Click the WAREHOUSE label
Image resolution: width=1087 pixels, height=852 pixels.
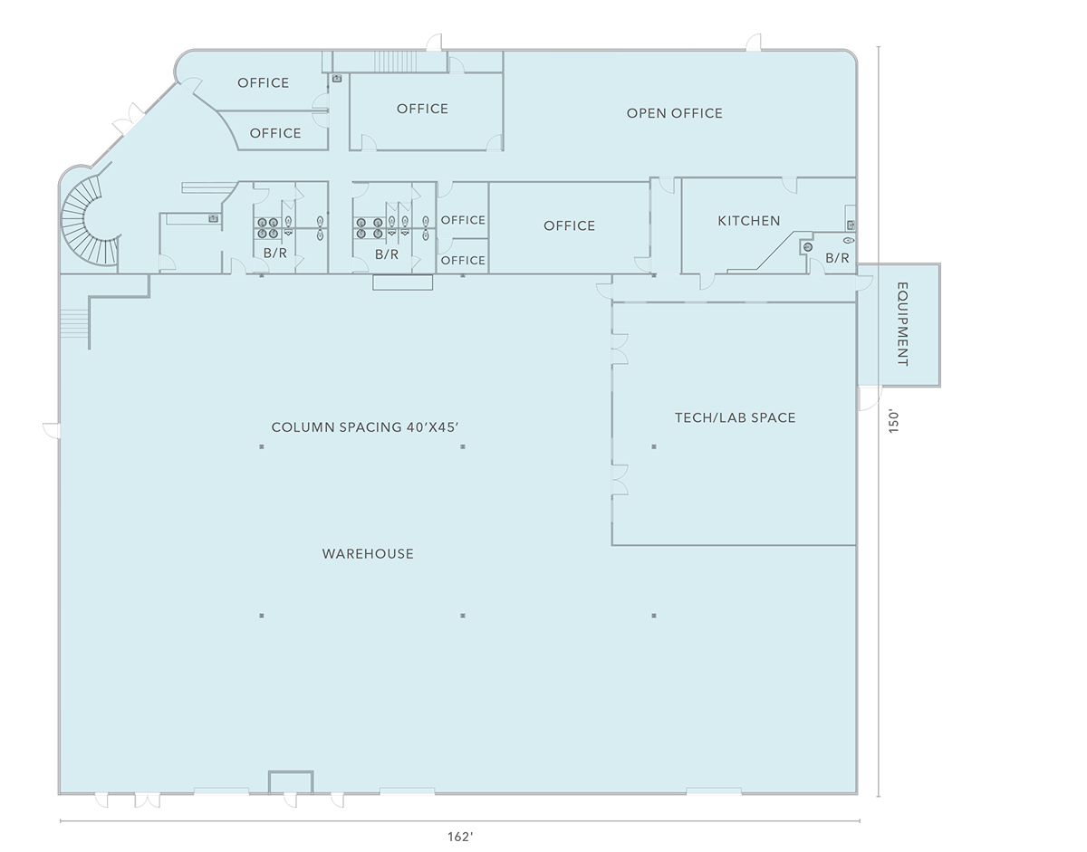[x=368, y=553]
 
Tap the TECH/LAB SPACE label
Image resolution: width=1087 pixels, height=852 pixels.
[x=735, y=417]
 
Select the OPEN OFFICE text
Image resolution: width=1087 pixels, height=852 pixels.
[x=674, y=113]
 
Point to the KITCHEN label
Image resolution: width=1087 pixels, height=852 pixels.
[x=749, y=221]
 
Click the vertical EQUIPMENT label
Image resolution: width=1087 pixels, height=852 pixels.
[x=903, y=324]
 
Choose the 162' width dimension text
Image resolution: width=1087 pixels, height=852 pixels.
[x=460, y=837]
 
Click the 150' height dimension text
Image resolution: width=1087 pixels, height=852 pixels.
[x=893, y=423]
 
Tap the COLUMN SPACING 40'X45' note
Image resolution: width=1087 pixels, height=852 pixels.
[x=365, y=427]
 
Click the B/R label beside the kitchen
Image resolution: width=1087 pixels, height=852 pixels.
[x=837, y=257]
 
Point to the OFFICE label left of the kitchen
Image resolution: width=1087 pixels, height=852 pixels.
[x=569, y=225]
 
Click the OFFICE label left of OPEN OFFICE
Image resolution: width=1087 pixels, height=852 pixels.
[x=422, y=109]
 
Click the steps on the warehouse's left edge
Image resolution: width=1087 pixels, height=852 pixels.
[x=74, y=323]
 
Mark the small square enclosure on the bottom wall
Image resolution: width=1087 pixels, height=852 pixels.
[x=291, y=782]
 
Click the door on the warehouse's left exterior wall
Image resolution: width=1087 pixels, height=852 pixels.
[x=52, y=430]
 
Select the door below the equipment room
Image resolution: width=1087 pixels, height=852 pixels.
[x=870, y=398]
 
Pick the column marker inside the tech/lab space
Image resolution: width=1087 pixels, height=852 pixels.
[x=654, y=446]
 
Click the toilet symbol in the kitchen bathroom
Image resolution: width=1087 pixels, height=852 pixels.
[x=850, y=241]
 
